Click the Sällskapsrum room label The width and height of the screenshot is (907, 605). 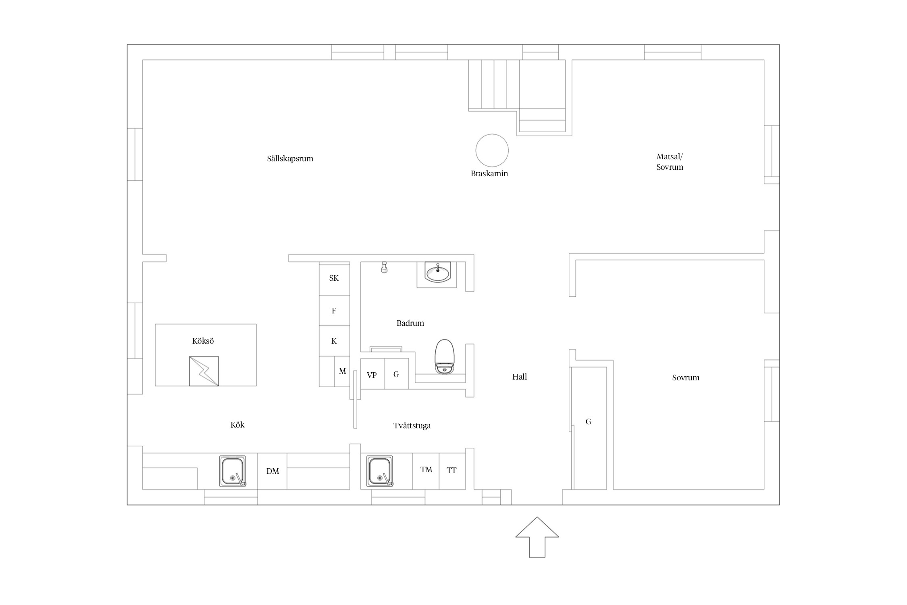point(290,159)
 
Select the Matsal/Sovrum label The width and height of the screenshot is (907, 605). point(670,162)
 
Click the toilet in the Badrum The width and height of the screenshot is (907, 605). point(444,356)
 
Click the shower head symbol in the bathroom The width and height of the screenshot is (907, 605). point(384,267)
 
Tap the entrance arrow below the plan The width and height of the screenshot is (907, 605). point(537,537)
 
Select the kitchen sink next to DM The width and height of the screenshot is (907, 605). point(233,471)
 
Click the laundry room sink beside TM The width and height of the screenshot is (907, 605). point(380,471)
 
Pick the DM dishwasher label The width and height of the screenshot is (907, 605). point(273,471)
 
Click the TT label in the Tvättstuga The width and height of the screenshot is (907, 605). point(451,470)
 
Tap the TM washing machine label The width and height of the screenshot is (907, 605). point(426,469)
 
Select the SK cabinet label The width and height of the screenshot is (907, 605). point(334,278)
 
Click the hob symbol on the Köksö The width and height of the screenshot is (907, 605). point(204,371)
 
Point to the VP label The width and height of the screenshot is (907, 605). point(372,375)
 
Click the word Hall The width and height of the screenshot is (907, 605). point(520,377)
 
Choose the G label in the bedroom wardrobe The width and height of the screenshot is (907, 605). point(589,421)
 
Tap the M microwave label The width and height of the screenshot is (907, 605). point(342,371)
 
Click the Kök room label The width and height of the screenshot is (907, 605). point(237,425)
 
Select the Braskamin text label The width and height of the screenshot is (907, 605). point(489,173)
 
